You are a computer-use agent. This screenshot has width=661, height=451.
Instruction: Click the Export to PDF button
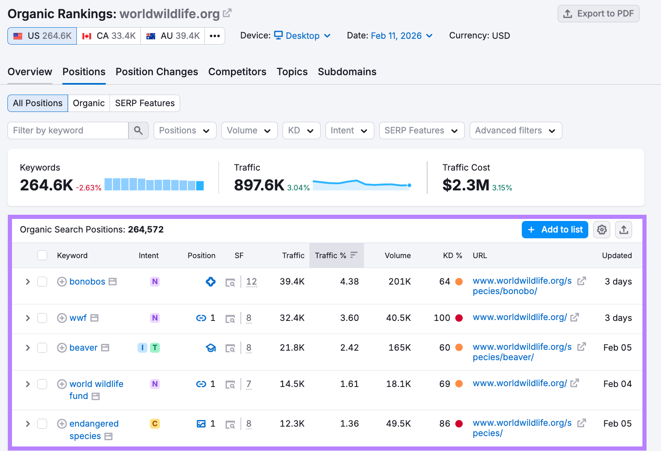point(598,14)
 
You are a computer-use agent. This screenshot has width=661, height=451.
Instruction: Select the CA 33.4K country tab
point(109,36)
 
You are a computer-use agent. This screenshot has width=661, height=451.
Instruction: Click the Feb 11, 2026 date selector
point(401,36)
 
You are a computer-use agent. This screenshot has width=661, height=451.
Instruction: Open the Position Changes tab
point(157,72)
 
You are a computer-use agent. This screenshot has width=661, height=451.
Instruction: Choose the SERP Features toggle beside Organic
point(145,103)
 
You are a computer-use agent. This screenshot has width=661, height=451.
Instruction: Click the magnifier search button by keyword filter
point(138,131)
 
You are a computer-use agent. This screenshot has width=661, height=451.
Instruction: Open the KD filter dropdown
point(301,131)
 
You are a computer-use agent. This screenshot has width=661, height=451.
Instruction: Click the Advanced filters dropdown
point(515,131)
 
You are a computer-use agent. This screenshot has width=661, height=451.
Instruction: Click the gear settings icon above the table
point(602,230)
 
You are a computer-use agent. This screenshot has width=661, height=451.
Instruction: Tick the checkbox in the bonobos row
point(42,282)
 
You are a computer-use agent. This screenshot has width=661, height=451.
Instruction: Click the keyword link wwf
point(78,318)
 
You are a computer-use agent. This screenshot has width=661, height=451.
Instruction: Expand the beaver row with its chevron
point(28,348)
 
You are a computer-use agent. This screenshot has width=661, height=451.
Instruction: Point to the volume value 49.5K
point(398,424)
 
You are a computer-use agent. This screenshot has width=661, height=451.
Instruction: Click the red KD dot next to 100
point(459,318)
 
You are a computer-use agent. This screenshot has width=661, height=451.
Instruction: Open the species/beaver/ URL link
point(522,352)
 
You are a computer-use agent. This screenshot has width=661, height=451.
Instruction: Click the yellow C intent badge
point(155,424)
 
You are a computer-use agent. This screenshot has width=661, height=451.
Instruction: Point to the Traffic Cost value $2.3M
point(466,185)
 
